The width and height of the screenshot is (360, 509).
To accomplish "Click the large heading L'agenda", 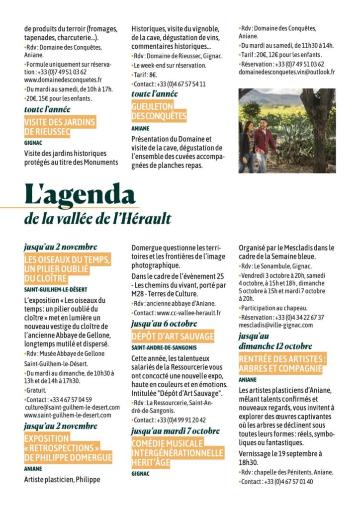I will click(80, 194).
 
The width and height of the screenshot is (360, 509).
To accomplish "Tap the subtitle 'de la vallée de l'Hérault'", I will click(98, 218).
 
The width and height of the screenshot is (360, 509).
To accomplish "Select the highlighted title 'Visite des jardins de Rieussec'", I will click(60, 127).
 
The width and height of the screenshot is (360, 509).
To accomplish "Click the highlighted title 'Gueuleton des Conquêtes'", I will click(159, 112).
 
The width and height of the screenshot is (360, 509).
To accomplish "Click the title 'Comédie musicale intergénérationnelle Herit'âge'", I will click(177, 452).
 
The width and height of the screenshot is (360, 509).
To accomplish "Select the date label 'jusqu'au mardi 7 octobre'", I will click(175, 430).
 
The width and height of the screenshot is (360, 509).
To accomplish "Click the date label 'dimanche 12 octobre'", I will click(275, 346).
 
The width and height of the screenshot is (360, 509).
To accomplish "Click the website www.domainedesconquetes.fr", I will click(63, 80).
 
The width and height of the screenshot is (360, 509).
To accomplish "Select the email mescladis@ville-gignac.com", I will click(275, 325).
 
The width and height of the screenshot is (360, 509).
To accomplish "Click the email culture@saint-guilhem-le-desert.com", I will click(72, 407).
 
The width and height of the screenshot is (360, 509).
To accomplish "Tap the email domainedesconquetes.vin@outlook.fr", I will click(287, 72).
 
